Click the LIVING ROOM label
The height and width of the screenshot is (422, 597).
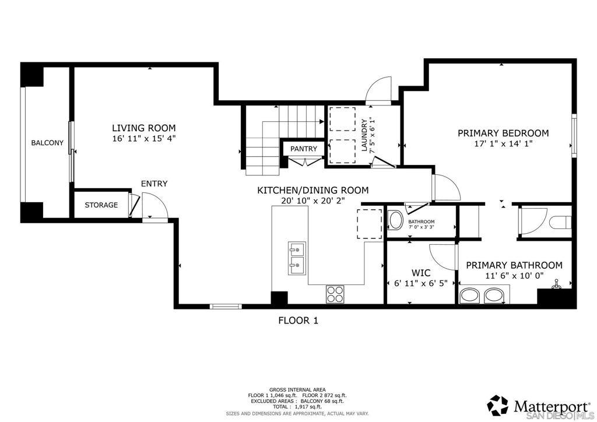(x=144, y=128)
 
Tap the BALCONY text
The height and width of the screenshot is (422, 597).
(x=47, y=143)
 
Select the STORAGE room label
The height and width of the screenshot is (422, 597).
(x=101, y=205)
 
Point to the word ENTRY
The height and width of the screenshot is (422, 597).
(x=154, y=184)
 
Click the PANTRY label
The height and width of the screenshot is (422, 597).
(x=303, y=149)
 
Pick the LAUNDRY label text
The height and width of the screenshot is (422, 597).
(x=364, y=135)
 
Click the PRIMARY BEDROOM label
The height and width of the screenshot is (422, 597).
(x=503, y=133)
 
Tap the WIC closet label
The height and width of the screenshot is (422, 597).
(x=421, y=273)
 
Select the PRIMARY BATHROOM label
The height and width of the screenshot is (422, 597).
(x=514, y=265)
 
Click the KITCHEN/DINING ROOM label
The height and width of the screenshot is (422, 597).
(x=313, y=190)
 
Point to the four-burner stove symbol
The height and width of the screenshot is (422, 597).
(x=335, y=294)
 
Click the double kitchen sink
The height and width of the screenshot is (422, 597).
(x=296, y=258)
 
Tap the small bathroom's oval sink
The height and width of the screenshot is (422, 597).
(x=396, y=220)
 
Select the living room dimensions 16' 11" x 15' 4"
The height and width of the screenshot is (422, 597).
(x=144, y=139)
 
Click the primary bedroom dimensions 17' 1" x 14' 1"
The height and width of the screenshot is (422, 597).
(x=503, y=144)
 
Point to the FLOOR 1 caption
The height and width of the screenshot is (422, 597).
(x=298, y=321)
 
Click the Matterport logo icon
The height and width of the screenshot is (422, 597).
(x=498, y=406)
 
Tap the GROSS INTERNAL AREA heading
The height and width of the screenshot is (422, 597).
(x=297, y=390)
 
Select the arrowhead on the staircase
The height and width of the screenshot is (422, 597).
(x=322, y=121)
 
